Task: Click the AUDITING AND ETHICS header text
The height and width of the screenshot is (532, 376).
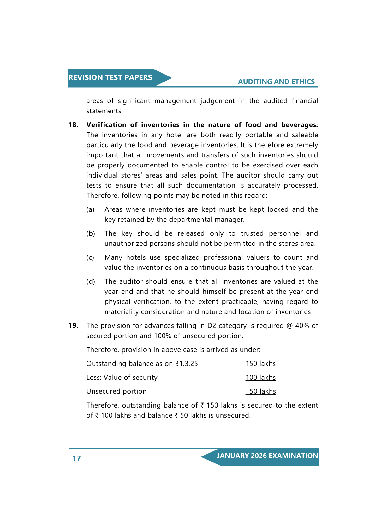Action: coord(276,82)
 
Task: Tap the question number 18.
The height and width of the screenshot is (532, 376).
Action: coord(73,125)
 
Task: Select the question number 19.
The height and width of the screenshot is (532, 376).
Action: coord(73,326)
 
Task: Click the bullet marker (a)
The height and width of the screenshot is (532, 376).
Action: coord(90,209)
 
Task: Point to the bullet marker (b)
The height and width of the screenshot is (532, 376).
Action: coord(91,233)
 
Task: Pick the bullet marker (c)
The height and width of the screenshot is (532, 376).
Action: coord(90,257)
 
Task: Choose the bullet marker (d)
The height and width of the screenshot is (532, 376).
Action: coord(91,281)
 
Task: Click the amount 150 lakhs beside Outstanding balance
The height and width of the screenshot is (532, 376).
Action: coord(260,364)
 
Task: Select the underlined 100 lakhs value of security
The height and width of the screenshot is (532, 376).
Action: coord(260,378)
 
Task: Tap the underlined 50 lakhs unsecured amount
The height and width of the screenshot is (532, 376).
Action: coord(262,391)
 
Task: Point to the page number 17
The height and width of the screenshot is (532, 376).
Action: coord(77,458)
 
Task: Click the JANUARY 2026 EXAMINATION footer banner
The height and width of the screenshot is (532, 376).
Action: coord(267,456)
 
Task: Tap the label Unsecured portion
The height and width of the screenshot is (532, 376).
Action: coord(116,391)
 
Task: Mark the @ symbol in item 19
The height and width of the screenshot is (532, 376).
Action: coord(289,326)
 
